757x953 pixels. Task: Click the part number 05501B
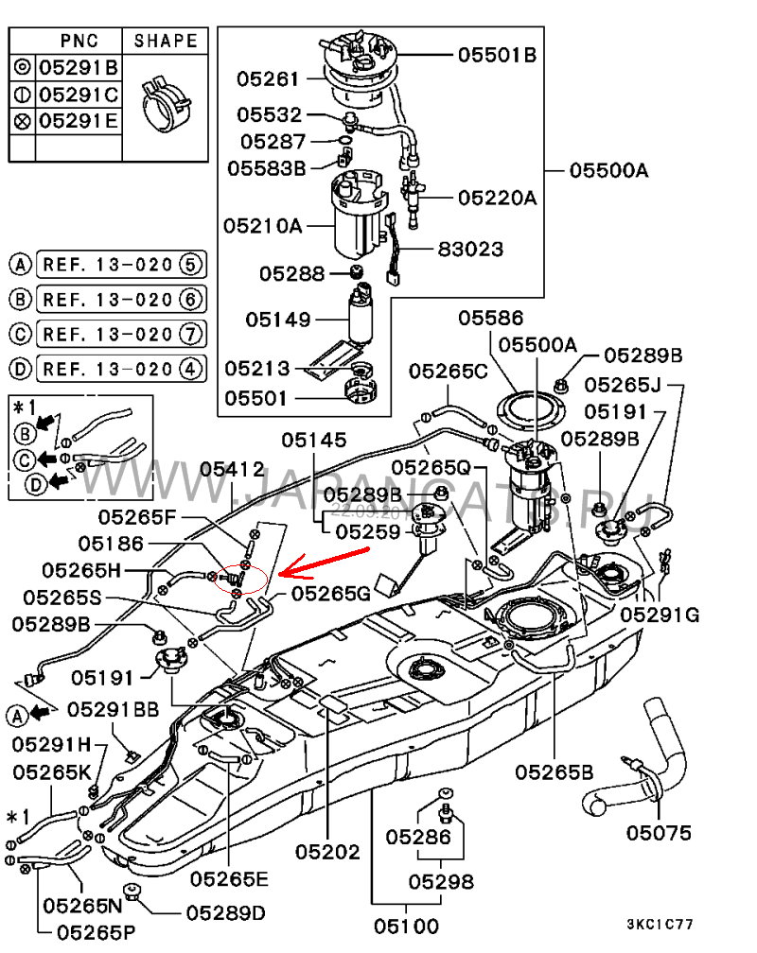pyautogui.click(x=497, y=56)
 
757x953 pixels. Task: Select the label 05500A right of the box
pyautogui.click(x=608, y=171)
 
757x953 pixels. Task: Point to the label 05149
pyautogui.click(x=279, y=320)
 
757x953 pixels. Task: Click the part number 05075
pyautogui.click(x=659, y=833)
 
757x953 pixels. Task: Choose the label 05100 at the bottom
pyautogui.click(x=406, y=926)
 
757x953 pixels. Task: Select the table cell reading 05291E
pyautogui.click(x=78, y=121)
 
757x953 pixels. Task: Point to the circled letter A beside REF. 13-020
pyautogui.click(x=20, y=264)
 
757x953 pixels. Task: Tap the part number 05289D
pyautogui.click(x=225, y=913)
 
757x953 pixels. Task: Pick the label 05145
pyautogui.click(x=313, y=440)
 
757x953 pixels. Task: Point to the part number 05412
pyautogui.click(x=231, y=468)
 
